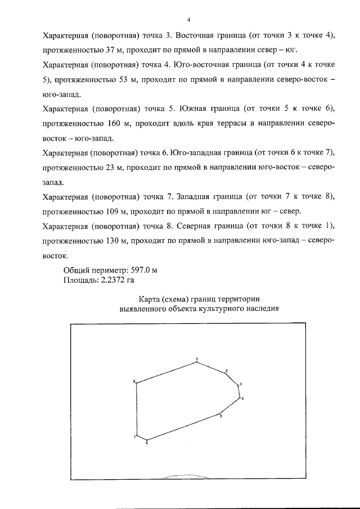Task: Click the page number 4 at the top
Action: point(188,20)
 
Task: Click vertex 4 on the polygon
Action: point(240,398)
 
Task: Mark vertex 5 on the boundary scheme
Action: point(219,413)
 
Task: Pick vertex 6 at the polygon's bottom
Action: point(147,440)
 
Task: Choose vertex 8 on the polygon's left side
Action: point(137,384)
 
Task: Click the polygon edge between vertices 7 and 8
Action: point(137,411)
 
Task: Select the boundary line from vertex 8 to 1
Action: point(166,372)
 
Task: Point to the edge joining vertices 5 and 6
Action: point(183,427)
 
